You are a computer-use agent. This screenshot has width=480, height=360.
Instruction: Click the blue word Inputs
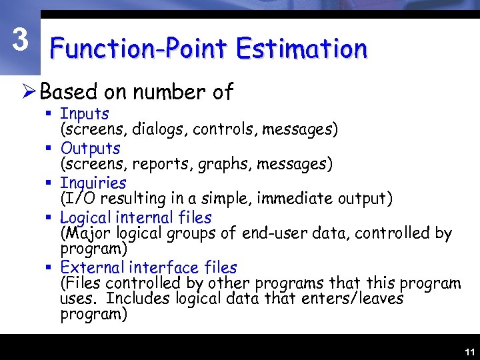85,115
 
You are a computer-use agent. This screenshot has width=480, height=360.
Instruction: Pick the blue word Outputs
90,149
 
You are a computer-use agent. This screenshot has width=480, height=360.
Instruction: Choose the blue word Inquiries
93,183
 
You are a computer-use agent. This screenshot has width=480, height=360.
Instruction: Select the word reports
160,163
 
